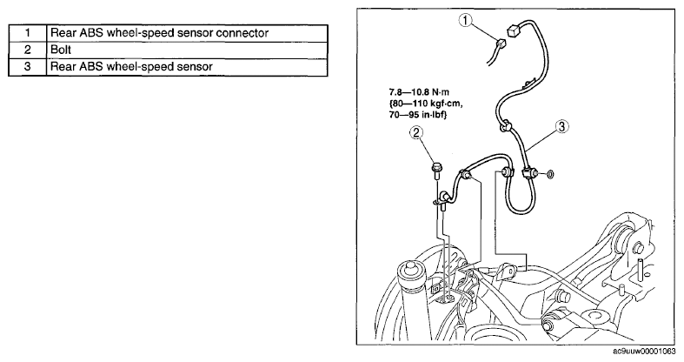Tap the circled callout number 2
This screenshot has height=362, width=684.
416,132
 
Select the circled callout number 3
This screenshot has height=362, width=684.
561,127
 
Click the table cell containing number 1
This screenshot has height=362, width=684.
28,33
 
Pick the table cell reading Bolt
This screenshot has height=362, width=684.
187,50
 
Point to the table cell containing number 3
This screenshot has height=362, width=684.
28,67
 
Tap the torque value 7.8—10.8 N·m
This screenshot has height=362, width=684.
419,92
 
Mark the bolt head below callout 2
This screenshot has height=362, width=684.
436,167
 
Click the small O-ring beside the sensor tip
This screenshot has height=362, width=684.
550,175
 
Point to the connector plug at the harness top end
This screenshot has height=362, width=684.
513,30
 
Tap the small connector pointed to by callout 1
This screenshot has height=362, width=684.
501,44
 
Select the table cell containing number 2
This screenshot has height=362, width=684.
28,50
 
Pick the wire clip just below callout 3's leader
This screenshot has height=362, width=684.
505,126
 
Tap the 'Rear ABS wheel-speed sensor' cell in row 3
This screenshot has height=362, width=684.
187,67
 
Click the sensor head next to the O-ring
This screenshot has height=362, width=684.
531,174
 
